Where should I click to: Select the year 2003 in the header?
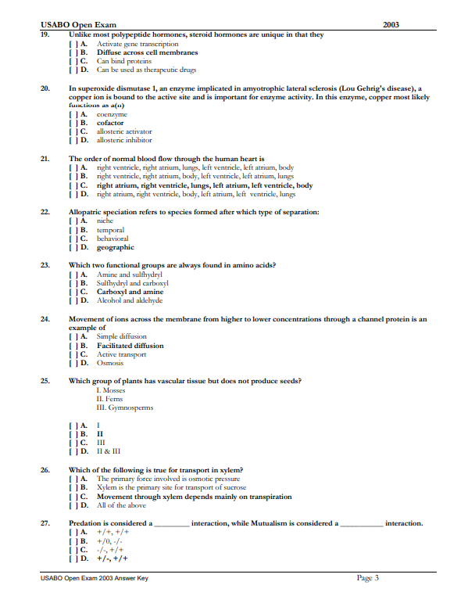pos(391,25)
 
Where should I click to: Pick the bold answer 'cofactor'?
pos(110,123)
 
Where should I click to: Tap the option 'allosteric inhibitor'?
pos(124,140)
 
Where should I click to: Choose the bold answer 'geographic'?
pos(116,247)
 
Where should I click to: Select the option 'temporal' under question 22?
pos(110,230)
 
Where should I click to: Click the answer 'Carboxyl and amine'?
pos(130,292)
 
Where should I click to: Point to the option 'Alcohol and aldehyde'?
pos(129,300)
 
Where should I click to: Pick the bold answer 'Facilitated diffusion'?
pos(130,346)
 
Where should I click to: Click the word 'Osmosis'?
pos(110,363)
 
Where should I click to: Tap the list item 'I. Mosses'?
pos(111,389)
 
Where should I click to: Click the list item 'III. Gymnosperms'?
pos(125,407)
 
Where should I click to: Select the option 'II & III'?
pos(108,452)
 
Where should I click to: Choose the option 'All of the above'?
pos(121,505)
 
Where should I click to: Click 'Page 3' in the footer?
pos(367,578)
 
